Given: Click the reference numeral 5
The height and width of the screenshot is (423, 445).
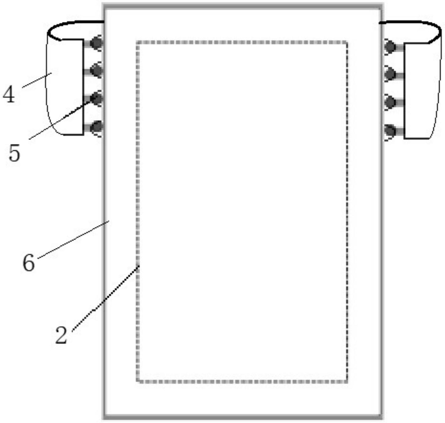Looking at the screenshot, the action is tap(14, 153).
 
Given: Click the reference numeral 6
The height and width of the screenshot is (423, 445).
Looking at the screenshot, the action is tap(28, 263).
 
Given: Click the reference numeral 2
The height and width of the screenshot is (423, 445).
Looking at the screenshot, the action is tap(61, 335).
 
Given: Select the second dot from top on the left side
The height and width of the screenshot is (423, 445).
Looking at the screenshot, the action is tap(97, 70).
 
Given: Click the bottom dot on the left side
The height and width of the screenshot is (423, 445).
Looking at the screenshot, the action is tap(97, 127).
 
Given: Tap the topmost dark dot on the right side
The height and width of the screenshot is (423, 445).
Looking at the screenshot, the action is tap(390, 47).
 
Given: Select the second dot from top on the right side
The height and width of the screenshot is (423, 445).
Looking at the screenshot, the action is tap(390, 74).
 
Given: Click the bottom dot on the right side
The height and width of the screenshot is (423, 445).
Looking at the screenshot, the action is tap(390, 131).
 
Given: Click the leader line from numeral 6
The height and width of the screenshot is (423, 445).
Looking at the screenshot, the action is tap(74, 240).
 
